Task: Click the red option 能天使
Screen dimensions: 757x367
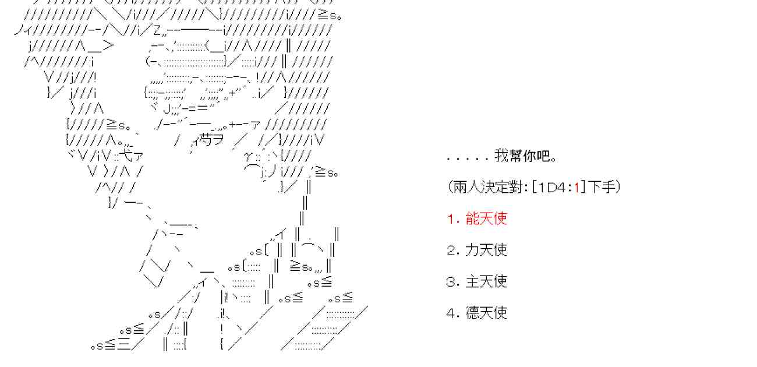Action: (486, 218)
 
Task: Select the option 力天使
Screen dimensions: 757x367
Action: (486, 250)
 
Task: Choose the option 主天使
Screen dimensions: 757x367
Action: (486, 281)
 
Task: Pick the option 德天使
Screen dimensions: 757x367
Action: (486, 313)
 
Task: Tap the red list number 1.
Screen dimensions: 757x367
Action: (451, 219)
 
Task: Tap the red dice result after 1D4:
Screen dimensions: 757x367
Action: (576, 188)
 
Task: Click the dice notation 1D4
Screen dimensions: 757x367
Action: (551, 188)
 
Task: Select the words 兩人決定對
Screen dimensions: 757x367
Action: (487, 187)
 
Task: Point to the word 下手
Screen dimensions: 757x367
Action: (602, 187)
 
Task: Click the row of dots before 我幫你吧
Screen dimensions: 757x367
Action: (468, 158)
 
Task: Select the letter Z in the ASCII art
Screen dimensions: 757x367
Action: (157, 30)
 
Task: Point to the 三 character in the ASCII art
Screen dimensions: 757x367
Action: (123, 345)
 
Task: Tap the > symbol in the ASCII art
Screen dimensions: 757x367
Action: (108, 45)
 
